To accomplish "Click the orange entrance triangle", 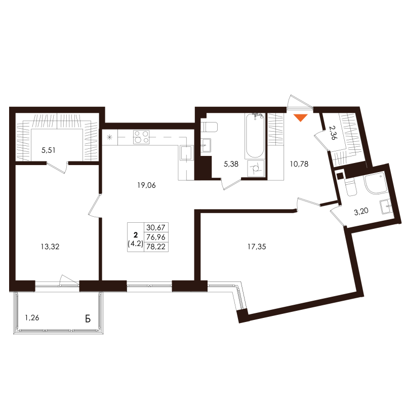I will pyautogui.click(x=301, y=118).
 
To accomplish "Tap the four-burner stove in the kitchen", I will pyautogui.click(x=141, y=137).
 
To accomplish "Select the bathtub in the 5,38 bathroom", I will pyautogui.click(x=254, y=137).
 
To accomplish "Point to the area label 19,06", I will pyautogui.click(x=146, y=185).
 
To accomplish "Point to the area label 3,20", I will pyautogui.click(x=361, y=212).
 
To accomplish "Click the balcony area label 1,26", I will pyautogui.click(x=32, y=318).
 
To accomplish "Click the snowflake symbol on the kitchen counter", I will pyautogui.click(x=109, y=137).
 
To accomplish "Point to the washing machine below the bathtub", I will pyautogui.click(x=255, y=168).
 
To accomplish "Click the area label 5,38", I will pyautogui.click(x=231, y=164).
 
